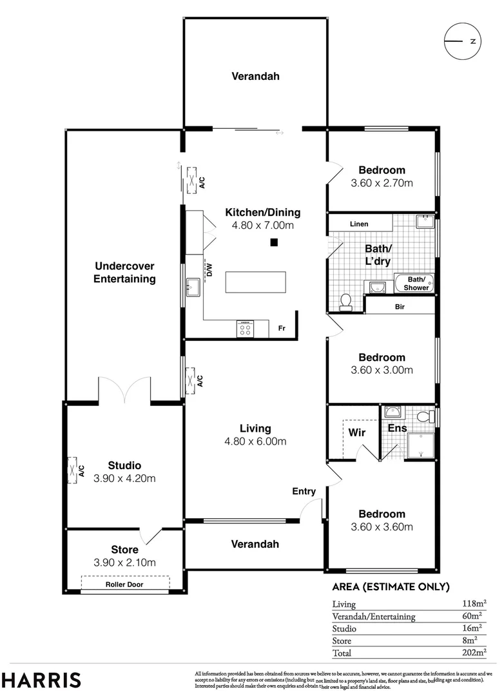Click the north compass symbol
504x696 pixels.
[462, 41]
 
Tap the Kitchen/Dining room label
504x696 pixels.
[262, 212]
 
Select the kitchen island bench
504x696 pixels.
[256, 282]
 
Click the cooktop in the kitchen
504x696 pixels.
[246, 329]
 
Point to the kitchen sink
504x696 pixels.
[193, 285]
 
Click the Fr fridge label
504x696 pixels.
[282, 328]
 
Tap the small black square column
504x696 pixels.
[274, 242]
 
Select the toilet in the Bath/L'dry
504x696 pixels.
[346, 300]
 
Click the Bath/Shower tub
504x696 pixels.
[413, 283]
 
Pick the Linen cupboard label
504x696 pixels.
[359, 224]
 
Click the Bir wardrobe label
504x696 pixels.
[400, 307]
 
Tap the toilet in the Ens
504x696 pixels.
[425, 417]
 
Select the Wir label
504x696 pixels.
[357, 432]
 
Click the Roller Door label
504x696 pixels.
[124, 585]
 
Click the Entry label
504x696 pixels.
[304, 491]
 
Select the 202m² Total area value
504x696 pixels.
[473, 653]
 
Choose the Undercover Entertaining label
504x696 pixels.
[124, 272]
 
